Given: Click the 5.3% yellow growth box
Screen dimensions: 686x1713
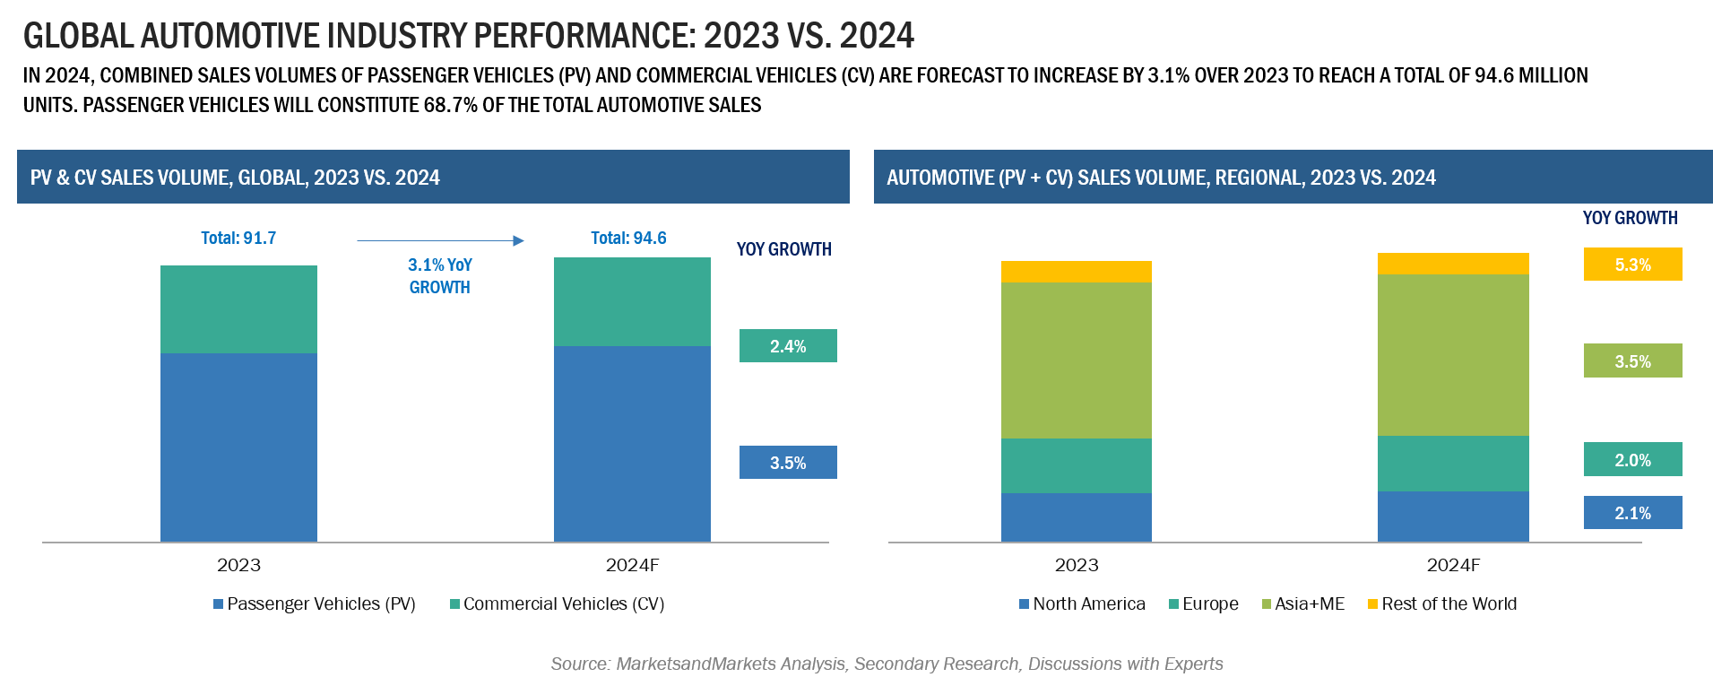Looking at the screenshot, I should [1632, 265].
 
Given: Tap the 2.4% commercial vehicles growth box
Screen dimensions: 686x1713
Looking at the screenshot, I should [788, 346].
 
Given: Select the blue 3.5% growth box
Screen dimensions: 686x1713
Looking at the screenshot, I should [788, 463].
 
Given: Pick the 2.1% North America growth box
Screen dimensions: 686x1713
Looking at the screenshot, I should [1632, 513].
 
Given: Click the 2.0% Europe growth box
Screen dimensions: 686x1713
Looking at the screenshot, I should [1632, 460].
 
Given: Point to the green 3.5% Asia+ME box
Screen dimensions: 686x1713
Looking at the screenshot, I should [1632, 361].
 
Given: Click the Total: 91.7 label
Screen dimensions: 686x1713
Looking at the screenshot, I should [238, 238].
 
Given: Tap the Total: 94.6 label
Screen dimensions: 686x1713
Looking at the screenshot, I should [629, 238].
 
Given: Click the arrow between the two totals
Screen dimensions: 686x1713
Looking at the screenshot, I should [440, 240].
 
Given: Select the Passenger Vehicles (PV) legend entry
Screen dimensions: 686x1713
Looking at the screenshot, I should [315, 604].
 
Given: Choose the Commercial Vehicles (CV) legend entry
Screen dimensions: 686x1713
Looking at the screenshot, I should [558, 604].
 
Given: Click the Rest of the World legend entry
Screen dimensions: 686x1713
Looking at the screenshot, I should [1442, 604].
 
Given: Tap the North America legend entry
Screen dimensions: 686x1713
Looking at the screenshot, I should [1082, 604].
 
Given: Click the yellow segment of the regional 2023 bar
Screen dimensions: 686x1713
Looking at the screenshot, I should [1076, 272].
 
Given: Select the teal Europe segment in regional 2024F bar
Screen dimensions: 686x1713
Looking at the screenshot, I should [1453, 464].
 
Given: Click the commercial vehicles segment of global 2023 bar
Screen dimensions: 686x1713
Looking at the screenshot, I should [238, 309].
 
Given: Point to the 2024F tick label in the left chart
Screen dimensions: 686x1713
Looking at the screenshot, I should [632, 565].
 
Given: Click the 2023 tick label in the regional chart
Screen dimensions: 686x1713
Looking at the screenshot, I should [1076, 565].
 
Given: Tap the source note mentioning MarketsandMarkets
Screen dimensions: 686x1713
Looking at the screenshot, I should [887, 664].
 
